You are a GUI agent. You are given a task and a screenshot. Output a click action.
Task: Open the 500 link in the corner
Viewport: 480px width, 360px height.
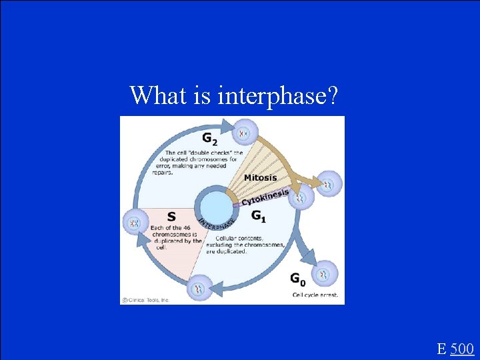(462, 348)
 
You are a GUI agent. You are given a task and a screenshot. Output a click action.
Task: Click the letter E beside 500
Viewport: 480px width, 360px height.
(441, 348)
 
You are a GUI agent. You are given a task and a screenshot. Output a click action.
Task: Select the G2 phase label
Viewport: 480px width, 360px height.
(209, 139)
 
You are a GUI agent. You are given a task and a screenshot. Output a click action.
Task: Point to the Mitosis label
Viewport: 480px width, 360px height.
(261, 177)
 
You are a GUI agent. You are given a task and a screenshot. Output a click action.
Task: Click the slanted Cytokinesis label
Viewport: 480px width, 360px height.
(265, 197)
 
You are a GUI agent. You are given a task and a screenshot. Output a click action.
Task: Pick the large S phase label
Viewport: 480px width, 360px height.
(171, 217)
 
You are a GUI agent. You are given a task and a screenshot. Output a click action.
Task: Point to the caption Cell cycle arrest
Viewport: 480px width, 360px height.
(315, 294)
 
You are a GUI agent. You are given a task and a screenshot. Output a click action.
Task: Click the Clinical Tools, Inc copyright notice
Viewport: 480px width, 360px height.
(145, 300)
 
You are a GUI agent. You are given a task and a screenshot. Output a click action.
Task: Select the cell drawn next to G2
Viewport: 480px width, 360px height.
(245, 133)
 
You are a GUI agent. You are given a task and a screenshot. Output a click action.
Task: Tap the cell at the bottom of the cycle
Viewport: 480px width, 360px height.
(199, 288)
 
